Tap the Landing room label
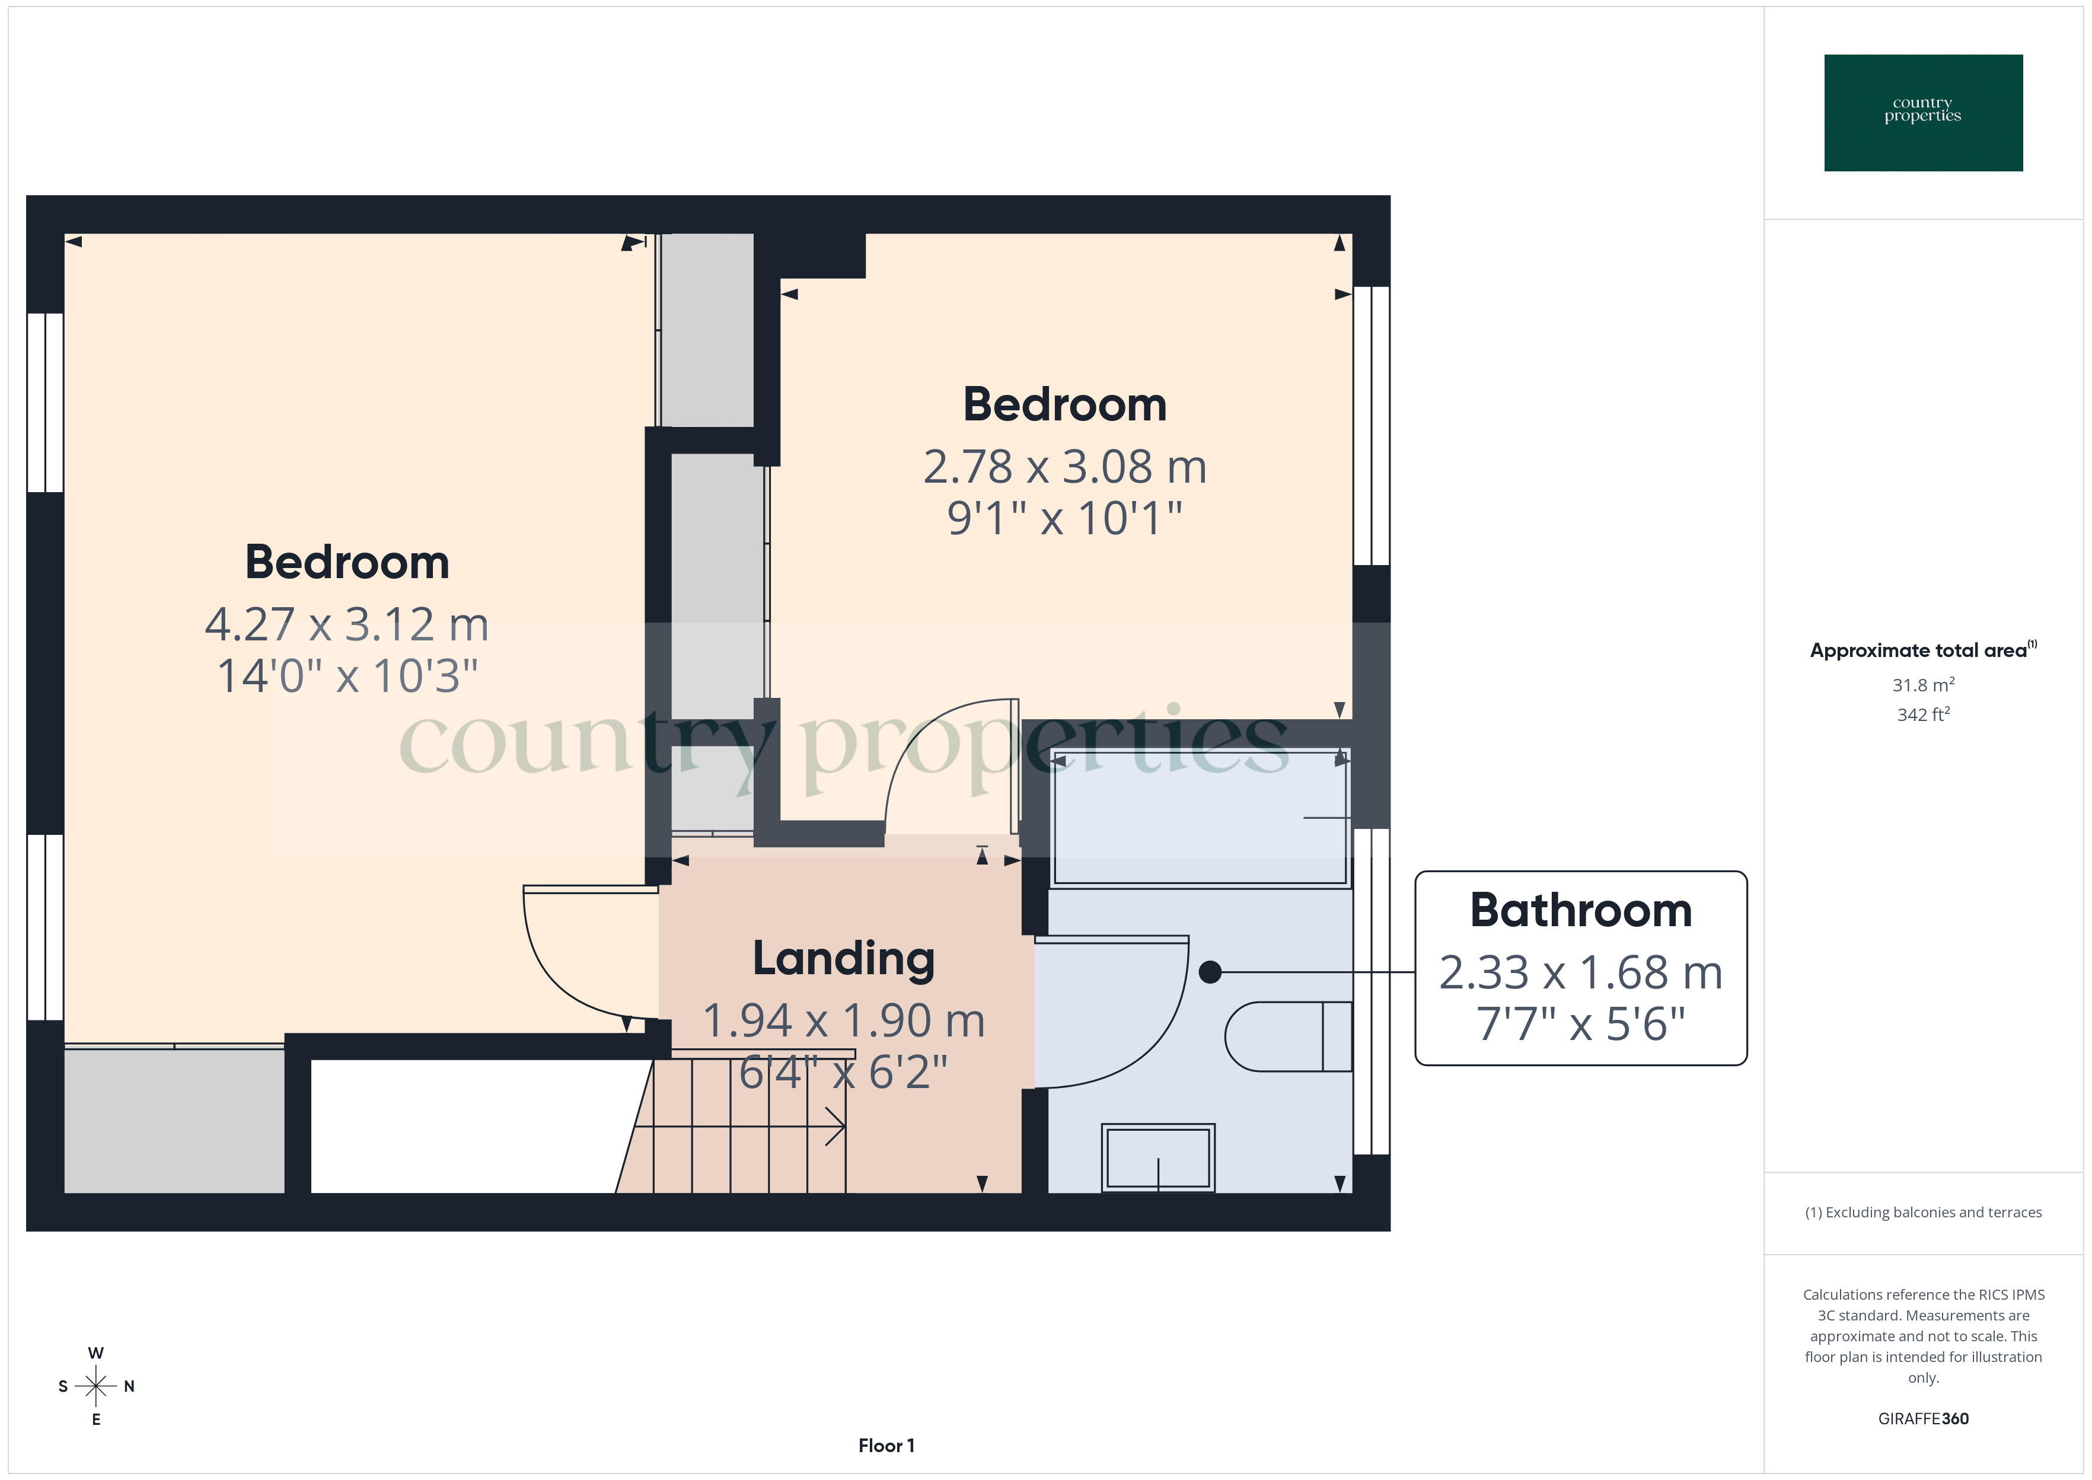844,959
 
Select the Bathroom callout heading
1581,910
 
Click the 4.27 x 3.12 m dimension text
346,625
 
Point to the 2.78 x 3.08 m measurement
1064,467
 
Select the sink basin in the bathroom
1157,1157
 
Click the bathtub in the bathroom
1199,818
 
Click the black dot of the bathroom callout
1210,972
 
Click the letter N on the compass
129,1386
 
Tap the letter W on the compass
95,1353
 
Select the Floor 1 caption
886,1446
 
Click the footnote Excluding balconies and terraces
1922,1212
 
